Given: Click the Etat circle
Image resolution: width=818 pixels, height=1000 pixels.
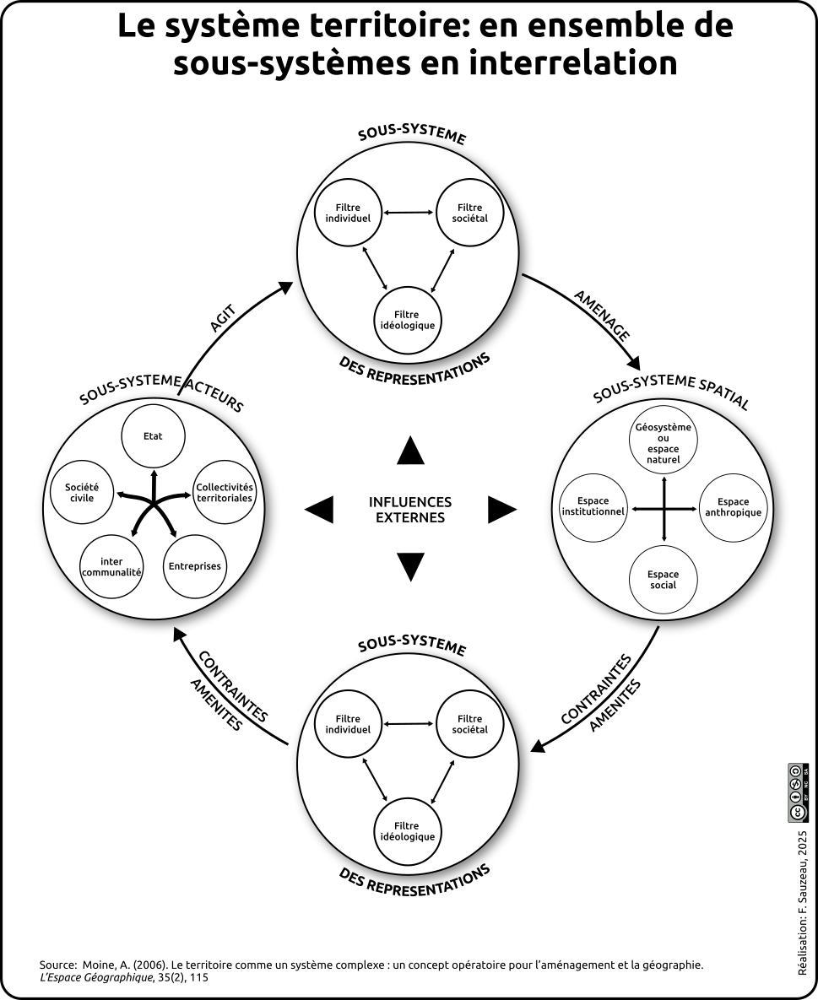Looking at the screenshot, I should click(x=153, y=435).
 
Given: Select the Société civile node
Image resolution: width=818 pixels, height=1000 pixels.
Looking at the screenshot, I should click(x=82, y=492).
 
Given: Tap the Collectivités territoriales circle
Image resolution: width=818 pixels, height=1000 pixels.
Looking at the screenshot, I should click(x=224, y=492).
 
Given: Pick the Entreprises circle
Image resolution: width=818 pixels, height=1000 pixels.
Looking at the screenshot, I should click(x=194, y=565).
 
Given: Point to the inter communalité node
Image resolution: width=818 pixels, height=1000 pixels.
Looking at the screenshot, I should click(x=111, y=566).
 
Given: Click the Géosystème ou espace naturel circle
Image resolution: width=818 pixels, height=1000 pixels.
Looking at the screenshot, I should click(x=664, y=444).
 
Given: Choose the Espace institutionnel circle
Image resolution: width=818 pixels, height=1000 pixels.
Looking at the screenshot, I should click(x=593, y=506).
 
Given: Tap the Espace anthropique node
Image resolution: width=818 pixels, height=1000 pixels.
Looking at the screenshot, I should click(x=733, y=507).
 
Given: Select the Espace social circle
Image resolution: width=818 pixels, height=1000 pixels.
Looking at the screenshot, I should click(x=664, y=580).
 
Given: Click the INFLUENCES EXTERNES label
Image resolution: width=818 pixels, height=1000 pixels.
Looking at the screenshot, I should click(x=410, y=509).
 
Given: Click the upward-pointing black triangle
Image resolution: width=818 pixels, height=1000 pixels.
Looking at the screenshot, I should click(x=410, y=451).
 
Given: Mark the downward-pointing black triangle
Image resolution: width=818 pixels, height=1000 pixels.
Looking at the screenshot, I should click(x=410, y=566).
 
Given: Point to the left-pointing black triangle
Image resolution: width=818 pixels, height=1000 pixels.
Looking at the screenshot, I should click(x=319, y=510).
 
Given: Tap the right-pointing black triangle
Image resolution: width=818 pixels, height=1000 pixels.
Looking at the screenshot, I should click(x=501, y=510).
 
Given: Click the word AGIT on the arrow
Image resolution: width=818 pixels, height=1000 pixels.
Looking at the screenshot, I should click(x=221, y=320).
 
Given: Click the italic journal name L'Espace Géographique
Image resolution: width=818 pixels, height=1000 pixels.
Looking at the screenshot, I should click(x=96, y=977).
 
